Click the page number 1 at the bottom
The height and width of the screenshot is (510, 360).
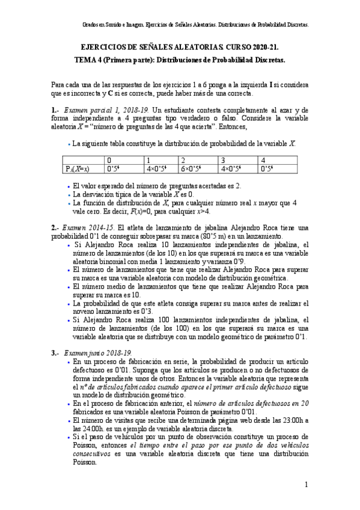(306, 484)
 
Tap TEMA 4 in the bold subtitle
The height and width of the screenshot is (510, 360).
(90, 61)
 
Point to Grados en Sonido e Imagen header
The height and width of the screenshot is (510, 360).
(105, 26)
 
